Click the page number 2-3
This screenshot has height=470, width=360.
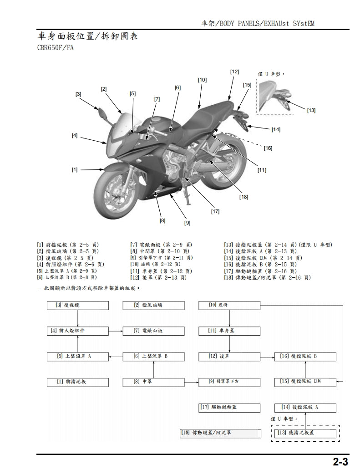click(x=340, y=462)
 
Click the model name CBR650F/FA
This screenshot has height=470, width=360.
click(x=56, y=47)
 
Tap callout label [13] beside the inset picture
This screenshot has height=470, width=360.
click(x=311, y=110)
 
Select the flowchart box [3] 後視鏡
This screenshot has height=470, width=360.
click(x=78, y=305)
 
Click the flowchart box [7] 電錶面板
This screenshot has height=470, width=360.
click(x=153, y=331)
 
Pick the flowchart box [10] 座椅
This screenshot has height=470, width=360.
click(x=229, y=305)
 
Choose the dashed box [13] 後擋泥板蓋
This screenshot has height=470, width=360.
click(x=305, y=432)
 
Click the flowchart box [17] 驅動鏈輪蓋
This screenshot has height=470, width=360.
click(x=229, y=407)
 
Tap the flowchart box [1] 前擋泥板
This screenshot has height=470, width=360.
click(x=78, y=382)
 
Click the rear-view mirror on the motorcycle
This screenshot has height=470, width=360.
click(x=102, y=112)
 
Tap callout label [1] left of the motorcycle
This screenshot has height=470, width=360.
click(x=75, y=169)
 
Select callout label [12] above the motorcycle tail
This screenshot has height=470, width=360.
click(x=234, y=72)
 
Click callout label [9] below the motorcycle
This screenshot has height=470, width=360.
click(x=187, y=223)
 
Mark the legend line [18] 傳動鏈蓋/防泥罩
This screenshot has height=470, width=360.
click(x=268, y=277)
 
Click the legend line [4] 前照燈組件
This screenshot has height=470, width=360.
click(x=71, y=264)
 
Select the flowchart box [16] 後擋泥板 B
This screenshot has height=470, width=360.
click(x=305, y=356)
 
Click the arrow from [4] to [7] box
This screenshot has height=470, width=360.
click(x=116, y=331)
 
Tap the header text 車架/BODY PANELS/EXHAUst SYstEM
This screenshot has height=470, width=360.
click(x=258, y=23)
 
